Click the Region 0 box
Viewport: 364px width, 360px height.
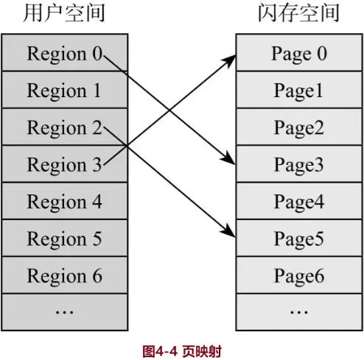pyautogui.click(x=64, y=54)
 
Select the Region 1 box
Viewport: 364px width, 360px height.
pyautogui.click(x=64, y=91)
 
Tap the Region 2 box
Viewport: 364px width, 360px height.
pyautogui.click(x=64, y=127)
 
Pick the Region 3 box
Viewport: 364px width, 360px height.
pyautogui.click(x=64, y=165)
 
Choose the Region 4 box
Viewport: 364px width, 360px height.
pyautogui.click(x=64, y=202)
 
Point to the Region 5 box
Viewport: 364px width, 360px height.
pyautogui.click(x=64, y=239)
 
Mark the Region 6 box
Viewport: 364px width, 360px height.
pyautogui.click(x=64, y=276)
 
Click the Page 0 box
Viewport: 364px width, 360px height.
pyautogui.click(x=298, y=54)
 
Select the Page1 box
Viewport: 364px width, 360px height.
pyautogui.click(x=298, y=91)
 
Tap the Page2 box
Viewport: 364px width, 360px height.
pyautogui.click(x=298, y=127)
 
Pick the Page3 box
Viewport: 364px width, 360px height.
pyautogui.click(x=298, y=165)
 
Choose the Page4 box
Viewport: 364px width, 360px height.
pyautogui.click(x=298, y=202)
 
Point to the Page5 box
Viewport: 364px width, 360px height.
pyautogui.click(x=298, y=239)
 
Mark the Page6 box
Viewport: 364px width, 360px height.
pyautogui.click(x=298, y=276)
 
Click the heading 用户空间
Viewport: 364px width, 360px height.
pyautogui.click(x=64, y=13)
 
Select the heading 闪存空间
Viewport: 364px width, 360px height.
pyautogui.click(x=298, y=13)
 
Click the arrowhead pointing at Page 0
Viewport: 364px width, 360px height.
pyautogui.click(x=231, y=58)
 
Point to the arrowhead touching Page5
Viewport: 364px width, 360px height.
pyautogui.click(x=231, y=236)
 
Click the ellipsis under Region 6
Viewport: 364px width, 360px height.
pyautogui.click(x=64, y=312)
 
